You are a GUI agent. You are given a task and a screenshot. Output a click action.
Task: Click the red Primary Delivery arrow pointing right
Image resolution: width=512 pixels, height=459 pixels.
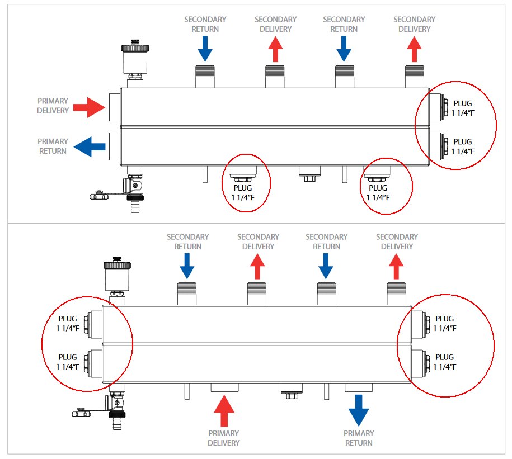[x=88, y=106]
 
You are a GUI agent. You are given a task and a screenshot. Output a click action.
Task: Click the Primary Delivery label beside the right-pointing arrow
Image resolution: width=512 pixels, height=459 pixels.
[x=53, y=106]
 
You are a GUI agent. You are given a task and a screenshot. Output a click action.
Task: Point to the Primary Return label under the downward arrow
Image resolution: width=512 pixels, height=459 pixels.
[x=359, y=438]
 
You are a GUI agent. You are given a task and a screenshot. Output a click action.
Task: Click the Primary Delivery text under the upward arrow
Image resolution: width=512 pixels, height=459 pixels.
[x=224, y=438]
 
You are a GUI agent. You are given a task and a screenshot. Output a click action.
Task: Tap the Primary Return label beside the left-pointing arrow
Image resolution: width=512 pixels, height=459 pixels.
[x=53, y=146]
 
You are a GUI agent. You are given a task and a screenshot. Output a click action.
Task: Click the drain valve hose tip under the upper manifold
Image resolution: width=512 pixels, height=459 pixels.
[x=134, y=207]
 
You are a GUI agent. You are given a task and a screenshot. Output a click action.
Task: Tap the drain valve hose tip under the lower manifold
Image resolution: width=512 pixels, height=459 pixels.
[x=116, y=423]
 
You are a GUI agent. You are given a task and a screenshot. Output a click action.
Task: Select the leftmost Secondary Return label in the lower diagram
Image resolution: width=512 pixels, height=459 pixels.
[x=188, y=242]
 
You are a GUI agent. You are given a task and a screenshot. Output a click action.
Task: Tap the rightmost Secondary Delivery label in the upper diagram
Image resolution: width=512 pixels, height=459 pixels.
[x=414, y=24]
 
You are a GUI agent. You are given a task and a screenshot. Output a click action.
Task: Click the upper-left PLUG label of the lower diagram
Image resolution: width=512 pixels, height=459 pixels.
[x=68, y=323]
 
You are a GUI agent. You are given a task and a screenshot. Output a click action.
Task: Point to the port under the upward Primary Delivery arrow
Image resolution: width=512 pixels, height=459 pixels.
[x=224, y=387]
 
